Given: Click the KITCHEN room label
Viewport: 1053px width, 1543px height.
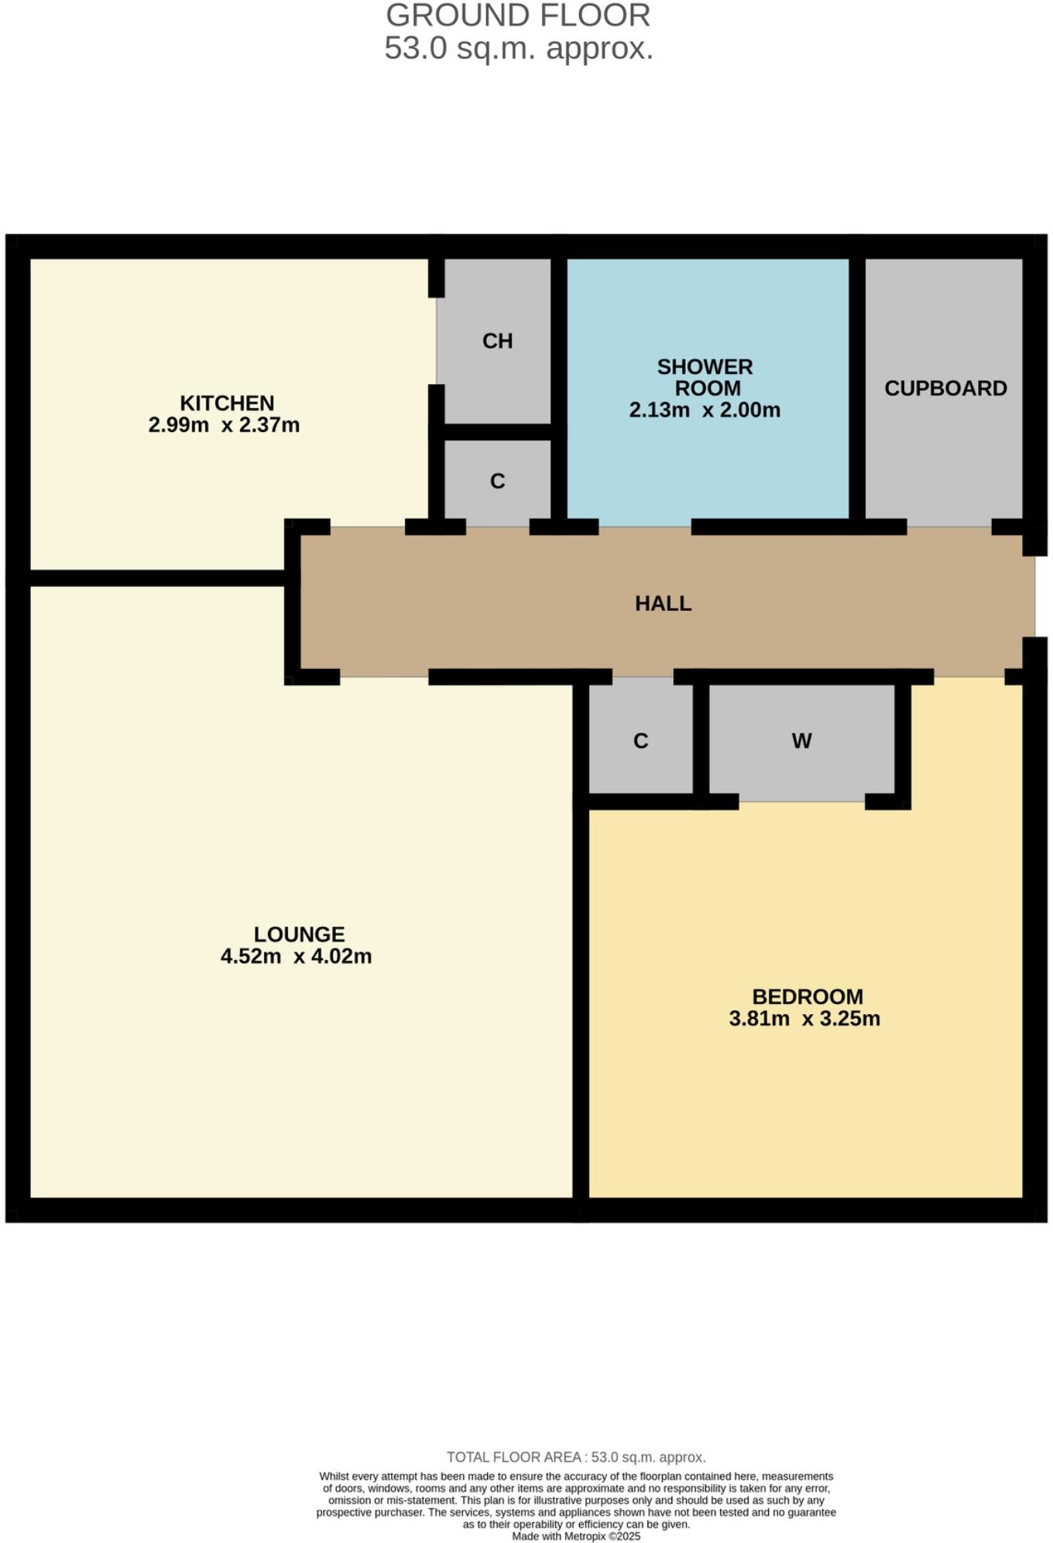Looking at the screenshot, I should (x=227, y=403).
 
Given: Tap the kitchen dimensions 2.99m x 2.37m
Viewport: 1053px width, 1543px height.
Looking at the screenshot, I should (x=224, y=425).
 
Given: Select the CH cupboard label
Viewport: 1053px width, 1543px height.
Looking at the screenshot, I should (x=497, y=341).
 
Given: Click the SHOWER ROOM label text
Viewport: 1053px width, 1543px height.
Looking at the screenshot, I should (x=705, y=377).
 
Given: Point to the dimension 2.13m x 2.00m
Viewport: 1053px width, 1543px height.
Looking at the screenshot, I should (x=705, y=410).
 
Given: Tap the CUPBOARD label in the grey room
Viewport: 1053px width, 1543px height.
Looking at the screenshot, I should (x=945, y=389).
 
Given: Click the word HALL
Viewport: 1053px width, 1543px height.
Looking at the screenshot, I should (x=663, y=604).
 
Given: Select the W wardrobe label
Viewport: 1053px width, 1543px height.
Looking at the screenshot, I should (x=801, y=742).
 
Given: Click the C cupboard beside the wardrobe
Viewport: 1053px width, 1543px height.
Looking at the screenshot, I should (x=640, y=742).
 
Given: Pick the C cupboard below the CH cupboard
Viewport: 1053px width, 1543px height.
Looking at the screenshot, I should (x=497, y=482).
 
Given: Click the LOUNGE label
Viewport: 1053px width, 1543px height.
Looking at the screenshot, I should (x=299, y=934).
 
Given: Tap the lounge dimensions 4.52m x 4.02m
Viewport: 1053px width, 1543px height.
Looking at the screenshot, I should (x=296, y=957).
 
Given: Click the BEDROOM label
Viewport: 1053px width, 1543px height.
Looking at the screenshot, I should (x=807, y=996).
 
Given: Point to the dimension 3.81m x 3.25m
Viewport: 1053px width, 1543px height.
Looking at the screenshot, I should (x=804, y=1019).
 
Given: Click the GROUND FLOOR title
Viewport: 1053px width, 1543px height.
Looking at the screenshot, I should (x=518, y=16).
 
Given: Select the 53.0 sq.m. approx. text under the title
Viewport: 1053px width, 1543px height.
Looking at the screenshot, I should (x=519, y=49).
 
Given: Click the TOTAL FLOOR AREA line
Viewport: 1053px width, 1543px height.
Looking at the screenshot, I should (x=576, y=1457).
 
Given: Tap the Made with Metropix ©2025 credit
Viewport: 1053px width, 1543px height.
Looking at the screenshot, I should (x=576, y=1536).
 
